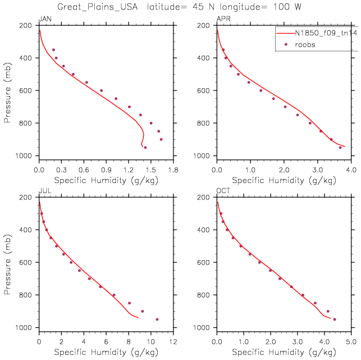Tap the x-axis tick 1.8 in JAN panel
click(173, 170)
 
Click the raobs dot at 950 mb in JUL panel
click(157, 320)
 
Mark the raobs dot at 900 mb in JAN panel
click(161, 139)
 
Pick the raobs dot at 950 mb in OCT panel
click(335, 320)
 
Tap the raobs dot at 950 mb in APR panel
click(340, 148)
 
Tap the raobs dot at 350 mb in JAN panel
click(54, 50)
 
